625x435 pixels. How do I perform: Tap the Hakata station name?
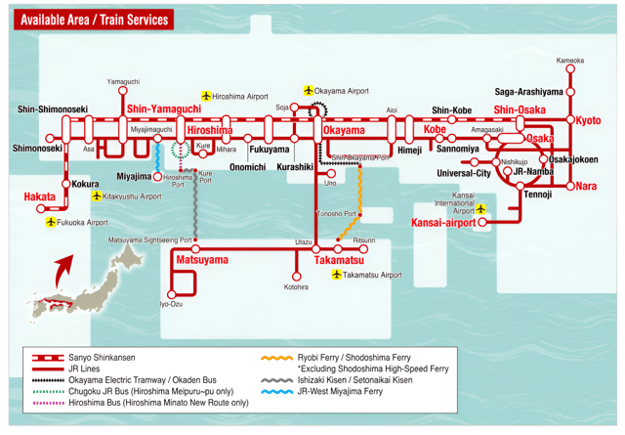[x=39, y=196]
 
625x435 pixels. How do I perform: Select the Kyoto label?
[x=588, y=120]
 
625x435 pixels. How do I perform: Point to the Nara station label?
[x=586, y=186]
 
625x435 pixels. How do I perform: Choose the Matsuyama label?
[x=201, y=260]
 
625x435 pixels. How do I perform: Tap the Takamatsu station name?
[x=339, y=261]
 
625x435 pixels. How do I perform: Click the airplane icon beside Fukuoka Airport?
[x=51, y=222]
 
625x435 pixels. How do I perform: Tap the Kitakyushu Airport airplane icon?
[x=96, y=196]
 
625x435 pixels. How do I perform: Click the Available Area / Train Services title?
[x=94, y=20]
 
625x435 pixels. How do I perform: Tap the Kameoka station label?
[x=570, y=61]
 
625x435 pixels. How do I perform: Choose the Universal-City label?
[x=463, y=173]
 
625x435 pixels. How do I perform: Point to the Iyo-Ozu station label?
[x=171, y=304]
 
